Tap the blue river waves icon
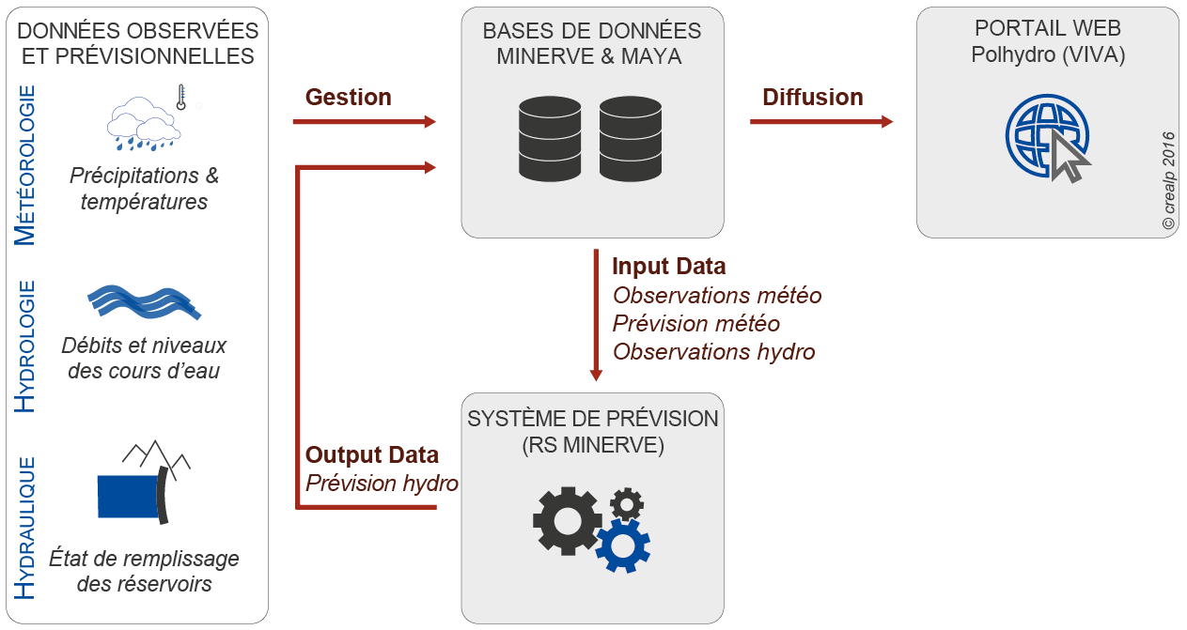[x=143, y=303]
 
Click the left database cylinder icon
[x=551, y=137]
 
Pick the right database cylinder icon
[x=630, y=137]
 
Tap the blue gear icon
[x=622, y=545]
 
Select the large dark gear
[x=567, y=520]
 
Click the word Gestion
[x=348, y=97]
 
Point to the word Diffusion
[x=812, y=97]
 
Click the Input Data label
[x=668, y=267]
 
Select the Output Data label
[x=371, y=455]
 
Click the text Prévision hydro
[x=382, y=484]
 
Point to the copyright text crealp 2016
[x=1168, y=180]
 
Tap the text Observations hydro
[x=713, y=351]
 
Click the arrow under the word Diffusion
[x=820, y=121]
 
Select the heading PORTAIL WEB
[x=1048, y=29]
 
